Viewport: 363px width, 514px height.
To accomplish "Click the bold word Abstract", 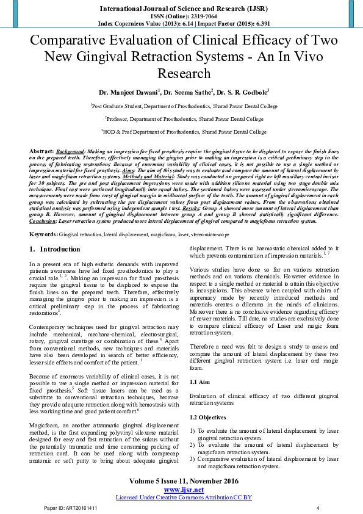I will [41, 150].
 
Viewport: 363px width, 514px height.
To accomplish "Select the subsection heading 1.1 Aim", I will [201, 381].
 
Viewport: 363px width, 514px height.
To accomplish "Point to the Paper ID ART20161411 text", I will [69, 508].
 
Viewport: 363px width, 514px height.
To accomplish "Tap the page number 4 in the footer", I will [317, 508].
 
